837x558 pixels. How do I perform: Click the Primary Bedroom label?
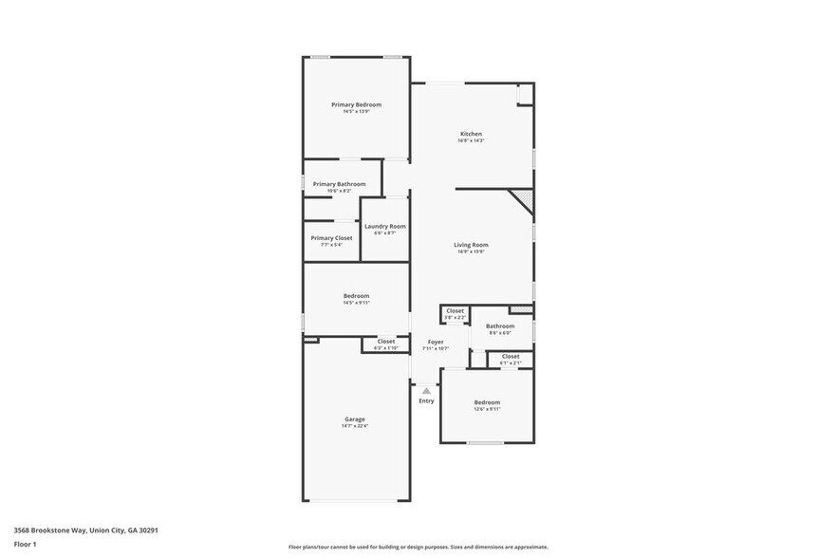[x=356, y=104]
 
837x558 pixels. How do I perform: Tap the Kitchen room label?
[x=472, y=134]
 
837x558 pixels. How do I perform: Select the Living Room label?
[x=472, y=245]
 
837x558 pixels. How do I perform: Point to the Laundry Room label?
[x=385, y=226]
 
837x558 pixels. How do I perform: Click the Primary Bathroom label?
[x=339, y=184]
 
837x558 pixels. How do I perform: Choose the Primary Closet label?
[x=331, y=237]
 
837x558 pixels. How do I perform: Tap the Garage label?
[x=354, y=418]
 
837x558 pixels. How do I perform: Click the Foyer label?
[x=436, y=342]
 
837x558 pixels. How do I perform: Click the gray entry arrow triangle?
[x=426, y=390]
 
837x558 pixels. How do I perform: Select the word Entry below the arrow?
[x=426, y=400]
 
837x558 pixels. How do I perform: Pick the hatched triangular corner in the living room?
[x=522, y=200]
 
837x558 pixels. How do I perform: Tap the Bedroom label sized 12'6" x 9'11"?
[x=487, y=402]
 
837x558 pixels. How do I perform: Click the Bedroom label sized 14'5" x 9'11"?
[x=356, y=296]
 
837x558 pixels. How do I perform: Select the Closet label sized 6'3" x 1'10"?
[x=386, y=341]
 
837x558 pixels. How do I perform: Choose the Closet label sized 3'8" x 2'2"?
[x=456, y=310]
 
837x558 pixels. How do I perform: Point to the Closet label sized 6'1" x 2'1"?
[x=511, y=356]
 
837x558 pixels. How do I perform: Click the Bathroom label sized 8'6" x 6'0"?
[x=500, y=325]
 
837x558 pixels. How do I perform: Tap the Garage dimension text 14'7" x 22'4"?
[x=354, y=426]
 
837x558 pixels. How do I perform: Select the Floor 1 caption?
[x=25, y=544]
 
